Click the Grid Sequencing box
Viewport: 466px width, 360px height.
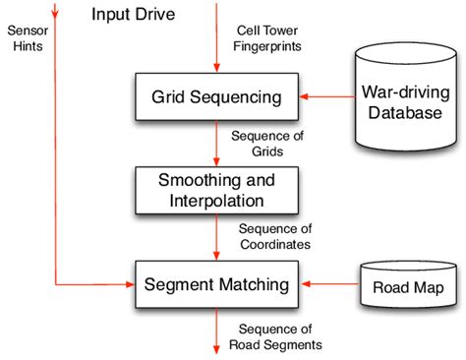coord(216,96)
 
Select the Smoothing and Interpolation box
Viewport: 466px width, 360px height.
coord(216,190)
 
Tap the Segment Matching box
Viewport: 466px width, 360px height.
coord(216,284)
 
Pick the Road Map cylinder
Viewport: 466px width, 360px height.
coord(407,288)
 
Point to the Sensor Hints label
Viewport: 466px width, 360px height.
coord(27,38)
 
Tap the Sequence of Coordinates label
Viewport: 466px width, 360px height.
coord(274,235)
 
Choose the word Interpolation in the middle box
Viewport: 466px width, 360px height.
coord(216,200)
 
